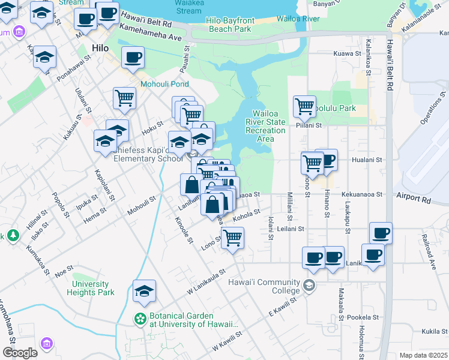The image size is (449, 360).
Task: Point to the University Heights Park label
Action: tap(93, 288)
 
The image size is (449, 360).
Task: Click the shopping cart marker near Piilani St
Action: tap(304, 107)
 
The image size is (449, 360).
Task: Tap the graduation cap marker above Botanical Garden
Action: tap(144, 291)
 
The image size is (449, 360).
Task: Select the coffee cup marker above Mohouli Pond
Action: tap(133, 58)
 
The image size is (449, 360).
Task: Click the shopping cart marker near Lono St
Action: tap(232, 237)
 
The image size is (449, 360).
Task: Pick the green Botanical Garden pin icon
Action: tap(140, 318)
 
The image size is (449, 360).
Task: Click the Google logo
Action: tap(20, 353)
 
